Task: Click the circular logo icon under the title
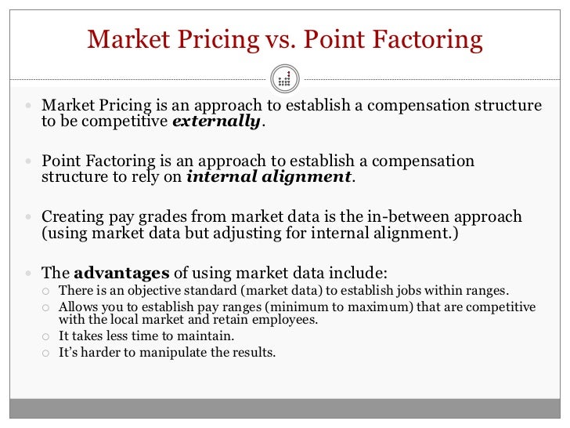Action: (x=284, y=78)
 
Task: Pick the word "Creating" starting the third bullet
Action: (x=72, y=217)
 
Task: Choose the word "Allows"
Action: (x=78, y=306)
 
